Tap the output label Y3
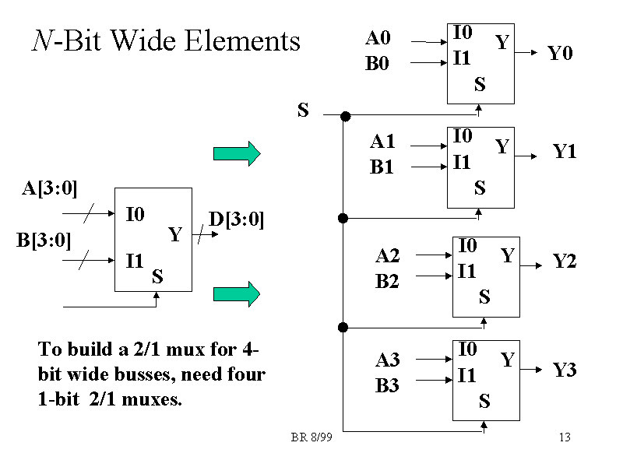(x=565, y=370)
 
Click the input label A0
(x=378, y=37)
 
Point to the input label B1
(x=382, y=167)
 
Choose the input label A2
(x=387, y=255)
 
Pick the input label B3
(x=387, y=385)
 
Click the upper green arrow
(x=237, y=153)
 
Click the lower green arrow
(x=237, y=293)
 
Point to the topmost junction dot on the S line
(x=346, y=116)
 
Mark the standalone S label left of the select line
(x=303, y=111)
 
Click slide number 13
(x=565, y=437)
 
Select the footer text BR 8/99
(x=311, y=437)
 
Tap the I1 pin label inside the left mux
(x=135, y=261)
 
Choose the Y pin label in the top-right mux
(x=502, y=43)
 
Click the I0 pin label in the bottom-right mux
(x=467, y=349)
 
